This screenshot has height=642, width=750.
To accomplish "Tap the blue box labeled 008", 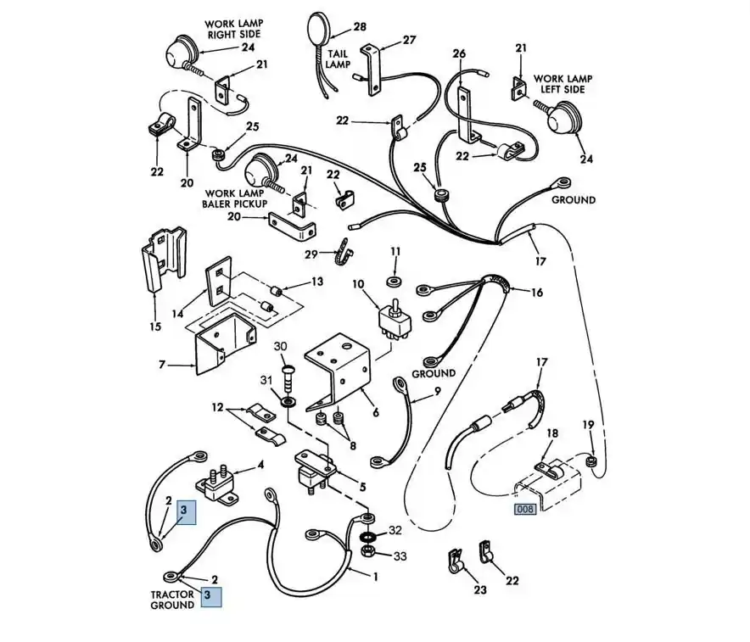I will pyautogui.click(x=525, y=510).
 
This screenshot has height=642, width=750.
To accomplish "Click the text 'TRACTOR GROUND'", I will pyautogui.click(x=172, y=600).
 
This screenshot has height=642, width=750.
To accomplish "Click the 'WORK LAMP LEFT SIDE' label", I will pyautogui.click(x=562, y=84).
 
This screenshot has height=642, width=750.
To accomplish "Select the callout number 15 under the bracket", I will pyautogui.click(x=154, y=327).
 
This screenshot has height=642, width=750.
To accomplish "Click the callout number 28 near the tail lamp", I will pyautogui.click(x=360, y=27).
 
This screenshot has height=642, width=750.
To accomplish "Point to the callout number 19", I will pyautogui.click(x=588, y=424).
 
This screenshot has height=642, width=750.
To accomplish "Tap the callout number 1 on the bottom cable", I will pyautogui.click(x=375, y=577).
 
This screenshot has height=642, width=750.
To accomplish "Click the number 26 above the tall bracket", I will pyautogui.click(x=459, y=53).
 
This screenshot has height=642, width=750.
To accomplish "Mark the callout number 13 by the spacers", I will pyautogui.click(x=316, y=282).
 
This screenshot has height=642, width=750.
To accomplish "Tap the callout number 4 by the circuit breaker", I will pyautogui.click(x=261, y=464).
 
